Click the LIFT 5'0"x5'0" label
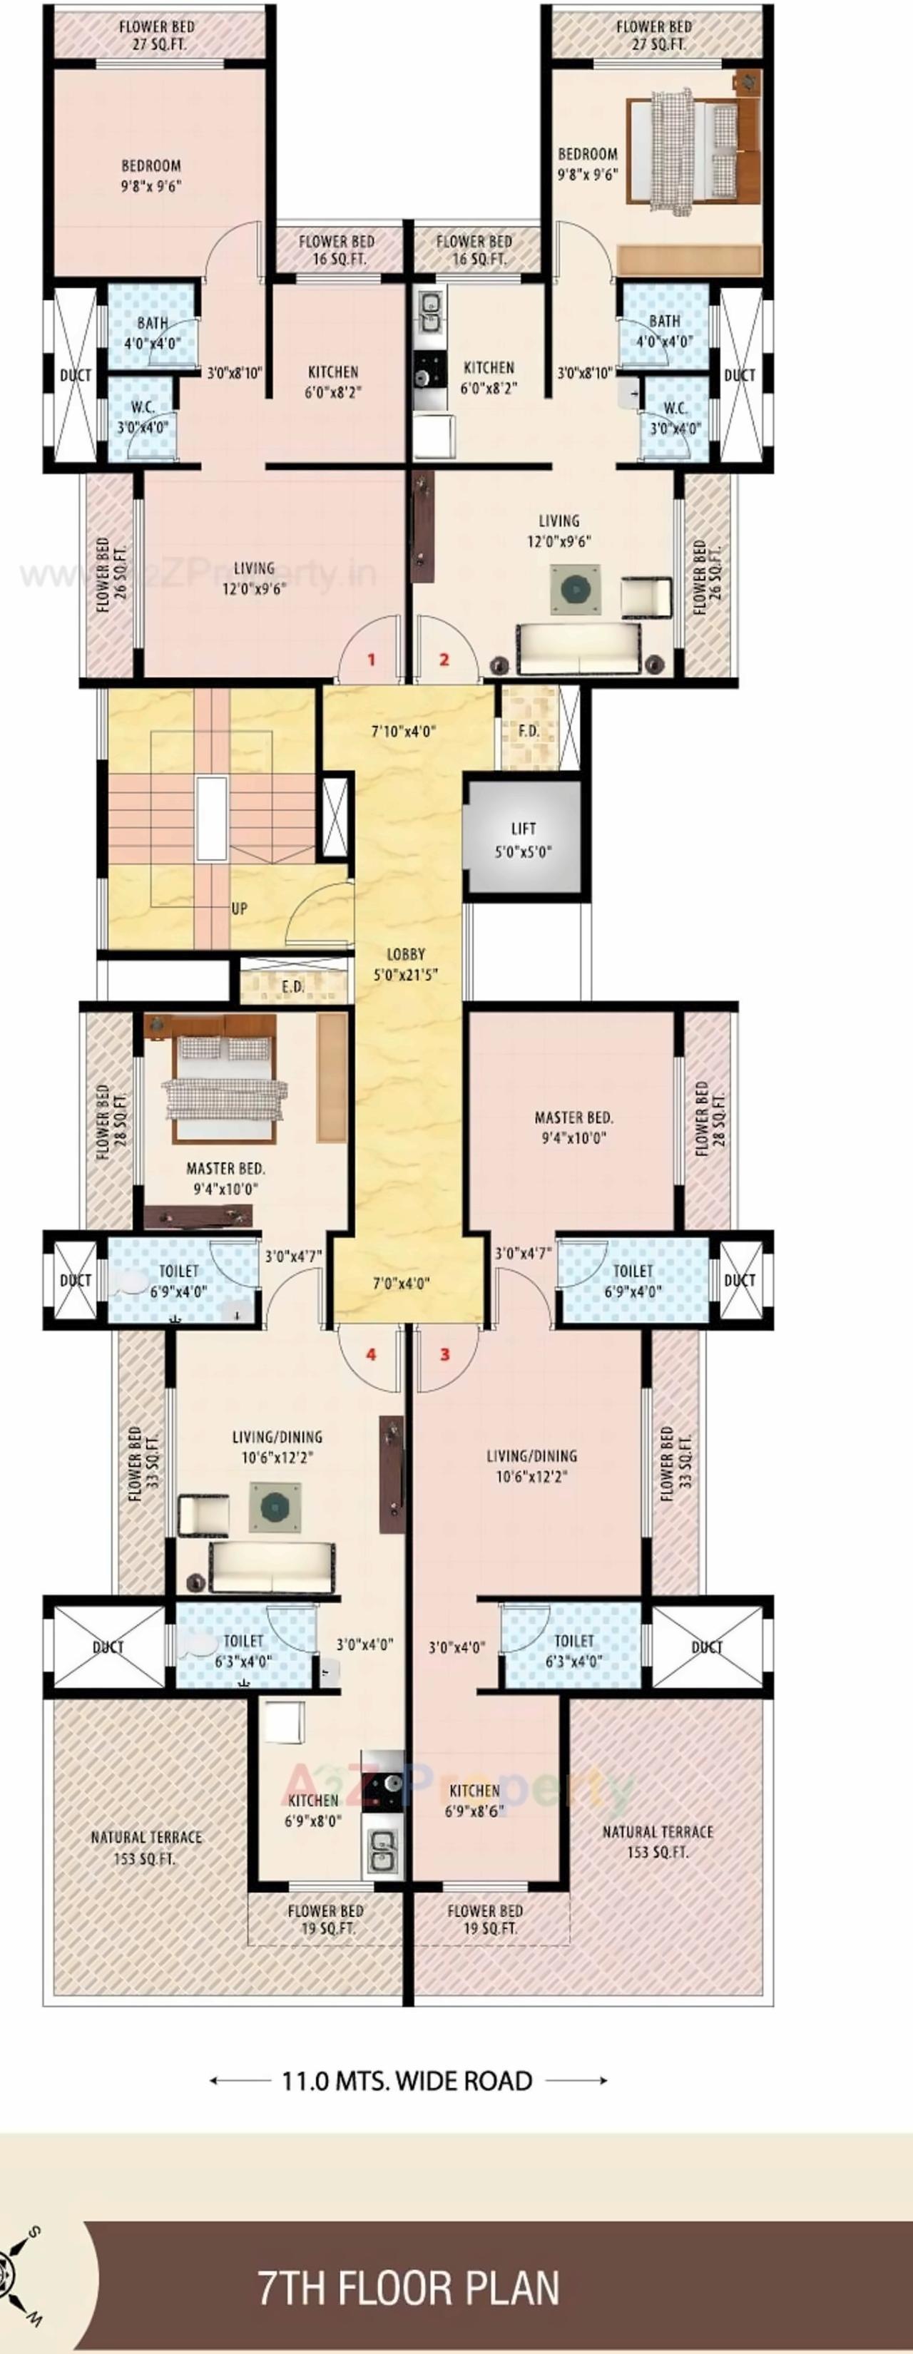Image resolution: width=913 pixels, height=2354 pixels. pyautogui.click(x=523, y=839)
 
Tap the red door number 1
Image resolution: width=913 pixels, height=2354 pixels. pyautogui.click(x=371, y=659)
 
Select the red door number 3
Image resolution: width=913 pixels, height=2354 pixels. pyautogui.click(x=445, y=1353)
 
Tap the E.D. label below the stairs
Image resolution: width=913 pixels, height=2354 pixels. pyautogui.click(x=292, y=986)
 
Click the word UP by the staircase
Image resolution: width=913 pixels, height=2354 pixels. pyautogui.click(x=238, y=909)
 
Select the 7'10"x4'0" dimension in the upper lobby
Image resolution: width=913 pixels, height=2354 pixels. pyautogui.click(x=403, y=731)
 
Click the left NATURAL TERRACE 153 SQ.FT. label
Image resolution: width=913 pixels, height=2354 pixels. pyautogui.click(x=146, y=1847)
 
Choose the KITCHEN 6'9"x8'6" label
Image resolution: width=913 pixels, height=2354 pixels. pyautogui.click(x=474, y=1799)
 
